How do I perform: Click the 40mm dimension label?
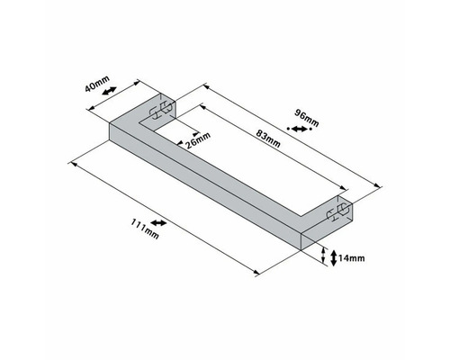pos(97,84)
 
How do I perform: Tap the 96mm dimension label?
pos(307,118)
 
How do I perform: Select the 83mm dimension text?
pos(268,139)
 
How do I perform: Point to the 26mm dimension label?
pos(197,141)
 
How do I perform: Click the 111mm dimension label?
pos(145,229)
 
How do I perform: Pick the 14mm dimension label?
pos(352,258)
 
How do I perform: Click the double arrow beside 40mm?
pos(109,91)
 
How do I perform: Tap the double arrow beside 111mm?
pos(158,223)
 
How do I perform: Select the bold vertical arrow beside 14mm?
pos(334,258)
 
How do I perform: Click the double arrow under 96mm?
pos(300,129)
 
